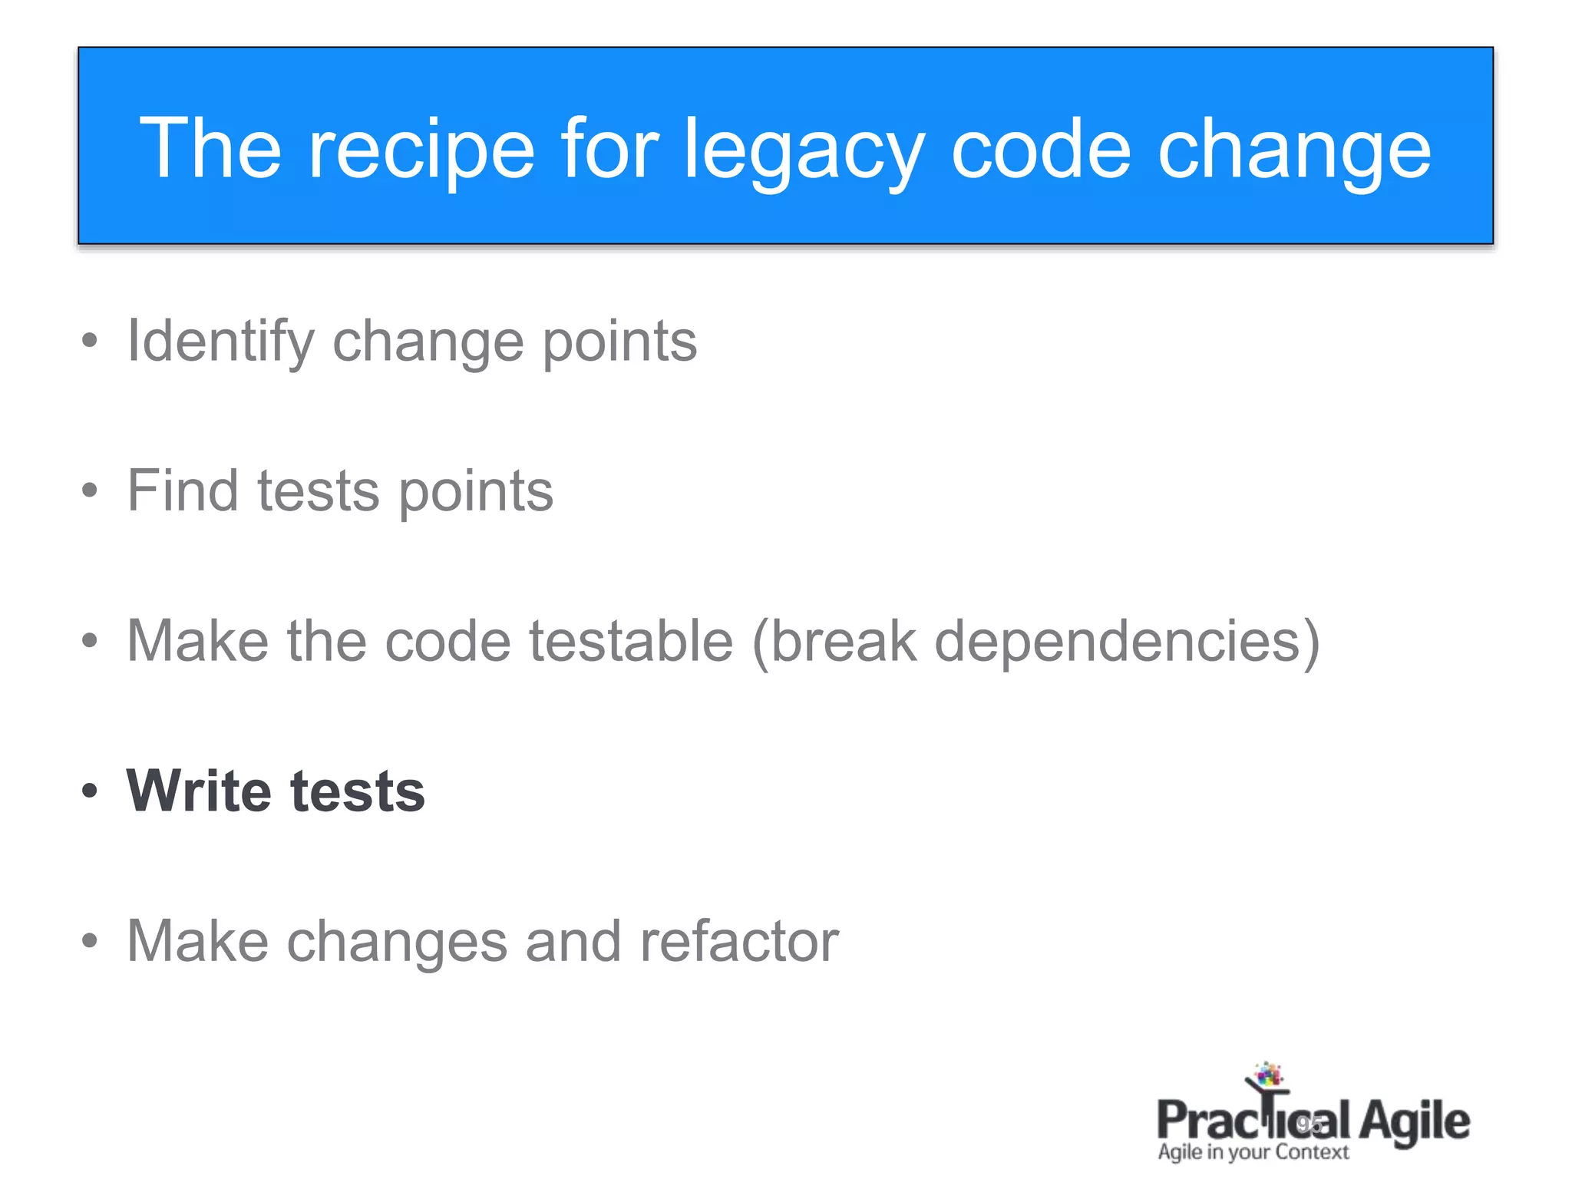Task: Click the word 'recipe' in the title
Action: coord(421,150)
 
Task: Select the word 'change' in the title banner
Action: coord(1293,150)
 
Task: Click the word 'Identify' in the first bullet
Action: coord(220,342)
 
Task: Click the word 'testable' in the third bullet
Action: coord(631,641)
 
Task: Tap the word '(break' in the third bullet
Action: coord(834,641)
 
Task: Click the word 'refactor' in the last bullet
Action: coord(739,941)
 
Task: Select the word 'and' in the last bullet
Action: coord(573,941)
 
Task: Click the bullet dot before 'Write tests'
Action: coord(90,791)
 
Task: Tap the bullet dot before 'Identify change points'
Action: coord(90,341)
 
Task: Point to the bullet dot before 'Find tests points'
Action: coord(90,490)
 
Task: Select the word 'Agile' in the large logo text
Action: coord(1414,1122)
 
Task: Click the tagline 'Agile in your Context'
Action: coord(1253,1152)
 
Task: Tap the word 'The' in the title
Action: coord(210,150)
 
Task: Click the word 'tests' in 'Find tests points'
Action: coord(318,492)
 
